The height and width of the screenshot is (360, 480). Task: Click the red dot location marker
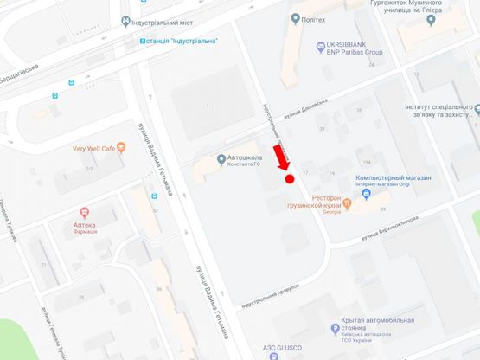click(290, 179)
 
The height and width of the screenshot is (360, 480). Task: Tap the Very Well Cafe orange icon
click(121, 148)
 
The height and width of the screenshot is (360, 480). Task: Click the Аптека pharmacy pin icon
click(85, 212)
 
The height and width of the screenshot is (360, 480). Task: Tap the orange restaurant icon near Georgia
click(347, 204)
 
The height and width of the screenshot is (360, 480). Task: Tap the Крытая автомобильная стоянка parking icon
click(335, 329)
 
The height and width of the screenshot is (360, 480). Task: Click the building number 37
click(323, 129)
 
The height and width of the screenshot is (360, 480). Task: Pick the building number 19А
click(367, 162)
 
